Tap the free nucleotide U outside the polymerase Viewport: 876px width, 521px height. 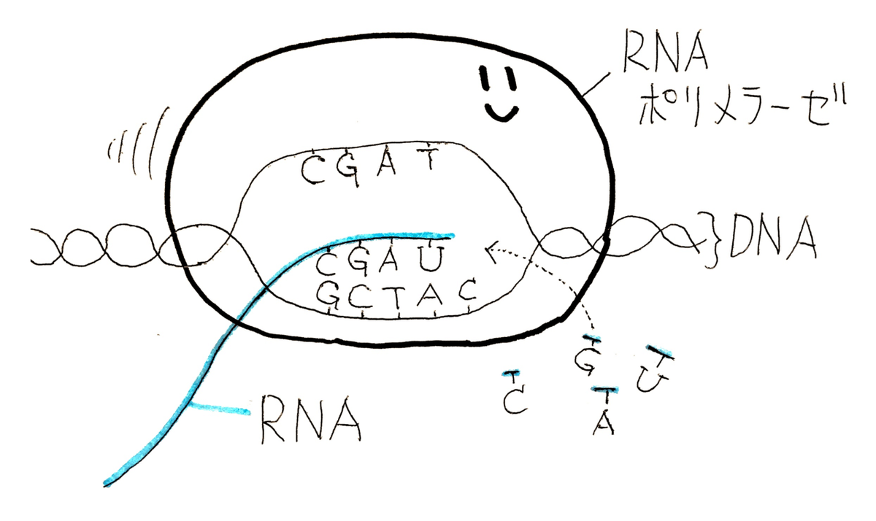click(x=648, y=375)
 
